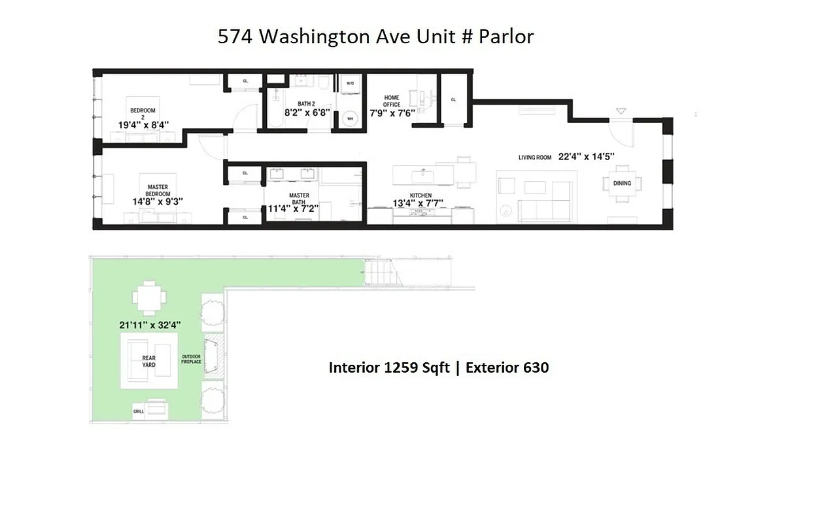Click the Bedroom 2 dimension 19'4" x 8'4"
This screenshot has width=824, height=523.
[x=143, y=124]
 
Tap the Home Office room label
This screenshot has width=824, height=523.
[x=392, y=101]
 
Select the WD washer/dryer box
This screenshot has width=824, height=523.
[x=350, y=84]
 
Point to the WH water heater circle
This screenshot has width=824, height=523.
[x=350, y=118]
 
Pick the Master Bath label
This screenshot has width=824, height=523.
[x=299, y=199]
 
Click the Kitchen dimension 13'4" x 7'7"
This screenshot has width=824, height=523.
[x=417, y=203]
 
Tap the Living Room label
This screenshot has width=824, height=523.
[x=535, y=158]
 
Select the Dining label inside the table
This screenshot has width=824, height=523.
[x=622, y=183]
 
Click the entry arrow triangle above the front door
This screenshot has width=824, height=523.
[x=621, y=111]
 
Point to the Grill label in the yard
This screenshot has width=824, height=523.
[x=139, y=412]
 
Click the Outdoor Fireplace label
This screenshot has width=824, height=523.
[x=191, y=359]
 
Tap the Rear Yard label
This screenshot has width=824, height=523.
[x=149, y=361]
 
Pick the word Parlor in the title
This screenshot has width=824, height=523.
[x=506, y=37]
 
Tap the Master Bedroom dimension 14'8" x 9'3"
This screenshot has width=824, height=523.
[x=158, y=202]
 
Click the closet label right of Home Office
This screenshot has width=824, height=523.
[x=453, y=99]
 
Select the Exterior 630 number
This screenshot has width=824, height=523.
[x=536, y=367]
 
